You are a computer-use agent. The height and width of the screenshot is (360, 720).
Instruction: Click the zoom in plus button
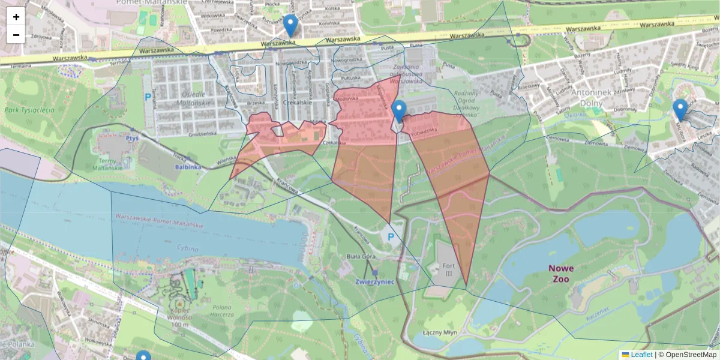pos(16,17)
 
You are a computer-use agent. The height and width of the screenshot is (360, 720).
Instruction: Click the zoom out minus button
pos(16,35)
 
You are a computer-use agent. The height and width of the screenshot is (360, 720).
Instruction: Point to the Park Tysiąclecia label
pos(29,110)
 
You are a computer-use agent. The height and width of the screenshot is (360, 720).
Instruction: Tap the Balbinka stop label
pos(188,167)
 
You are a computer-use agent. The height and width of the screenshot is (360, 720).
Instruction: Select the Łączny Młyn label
pos(441,332)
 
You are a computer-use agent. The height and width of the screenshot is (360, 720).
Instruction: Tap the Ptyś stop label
pos(133,137)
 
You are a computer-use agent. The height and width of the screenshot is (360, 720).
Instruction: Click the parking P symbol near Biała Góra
pos(391,236)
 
